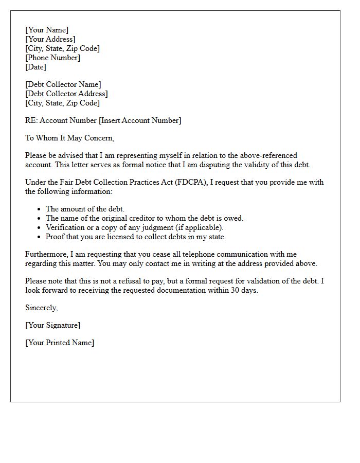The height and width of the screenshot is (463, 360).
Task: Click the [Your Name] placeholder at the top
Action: [x=47, y=30]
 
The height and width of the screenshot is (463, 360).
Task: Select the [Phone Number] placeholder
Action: [x=53, y=58]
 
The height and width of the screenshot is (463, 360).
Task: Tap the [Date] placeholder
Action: [x=36, y=67]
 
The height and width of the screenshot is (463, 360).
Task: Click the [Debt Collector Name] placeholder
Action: [x=63, y=84]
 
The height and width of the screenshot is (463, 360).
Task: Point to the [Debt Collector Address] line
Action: [x=67, y=94]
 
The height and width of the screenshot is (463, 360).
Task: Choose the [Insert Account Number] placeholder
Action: [x=140, y=120]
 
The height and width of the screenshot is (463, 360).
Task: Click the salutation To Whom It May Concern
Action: [x=70, y=138]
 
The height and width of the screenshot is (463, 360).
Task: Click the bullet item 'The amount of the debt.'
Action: [x=85, y=209]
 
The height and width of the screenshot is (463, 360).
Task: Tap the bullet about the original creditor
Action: [x=145, y=218]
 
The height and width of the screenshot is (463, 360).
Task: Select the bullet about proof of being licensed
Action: [x=136, y=237]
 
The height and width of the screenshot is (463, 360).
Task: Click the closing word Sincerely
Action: [x=42, y=308]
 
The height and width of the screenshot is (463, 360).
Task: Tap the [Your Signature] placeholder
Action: [x=53, y=325]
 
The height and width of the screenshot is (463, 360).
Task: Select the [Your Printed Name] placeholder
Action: [x=60, y=343]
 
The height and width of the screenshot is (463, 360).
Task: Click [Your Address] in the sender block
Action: [x=50, y=39]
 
